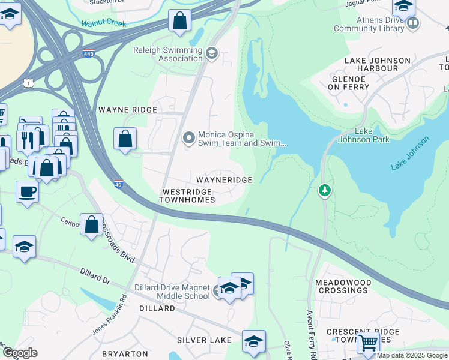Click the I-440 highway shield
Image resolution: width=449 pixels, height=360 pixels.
[88, 53]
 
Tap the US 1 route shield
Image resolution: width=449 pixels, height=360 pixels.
[28, 83]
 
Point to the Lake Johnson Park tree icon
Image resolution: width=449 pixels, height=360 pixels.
[325, 190]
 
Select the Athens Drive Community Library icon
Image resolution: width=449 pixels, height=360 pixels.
[412, 23]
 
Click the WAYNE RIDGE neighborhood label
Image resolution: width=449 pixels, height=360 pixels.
[127, 110]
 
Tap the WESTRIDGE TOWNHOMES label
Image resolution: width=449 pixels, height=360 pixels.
[187, 196]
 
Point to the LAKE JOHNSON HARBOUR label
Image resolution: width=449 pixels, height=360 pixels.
[377, 65]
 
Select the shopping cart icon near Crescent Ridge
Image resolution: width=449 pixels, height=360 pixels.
[367, 343]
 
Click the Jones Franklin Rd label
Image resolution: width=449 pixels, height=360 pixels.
[110, 314]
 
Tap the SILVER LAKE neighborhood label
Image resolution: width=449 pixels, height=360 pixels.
[204, 340]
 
